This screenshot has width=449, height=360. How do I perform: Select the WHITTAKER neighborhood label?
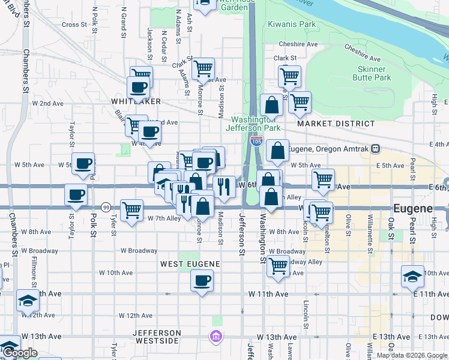pyautogui.click(x=132, y=101)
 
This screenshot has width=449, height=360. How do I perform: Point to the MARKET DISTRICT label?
pyautogui.click(x=336, y=124)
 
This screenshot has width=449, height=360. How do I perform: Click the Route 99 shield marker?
pyautogui.click(x=105, y=207)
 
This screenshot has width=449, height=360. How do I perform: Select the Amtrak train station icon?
pyautogui.click(x=375, y=148)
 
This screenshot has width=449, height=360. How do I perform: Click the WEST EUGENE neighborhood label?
pyautogui.click(x=189, y=264)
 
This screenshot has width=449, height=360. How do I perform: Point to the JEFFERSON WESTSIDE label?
pyautogui.click(x=157, y=337)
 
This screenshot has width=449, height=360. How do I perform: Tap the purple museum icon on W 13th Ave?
pyautogui.click(x=215, y=337)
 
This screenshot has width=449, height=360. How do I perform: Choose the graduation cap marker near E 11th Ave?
pyautogui.click(x=412, y=277)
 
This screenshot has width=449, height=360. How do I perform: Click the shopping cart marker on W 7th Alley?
pyautogui.click(x=131, y=210)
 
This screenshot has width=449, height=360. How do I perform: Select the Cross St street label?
pyautogui.click(x=74, y=25)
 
